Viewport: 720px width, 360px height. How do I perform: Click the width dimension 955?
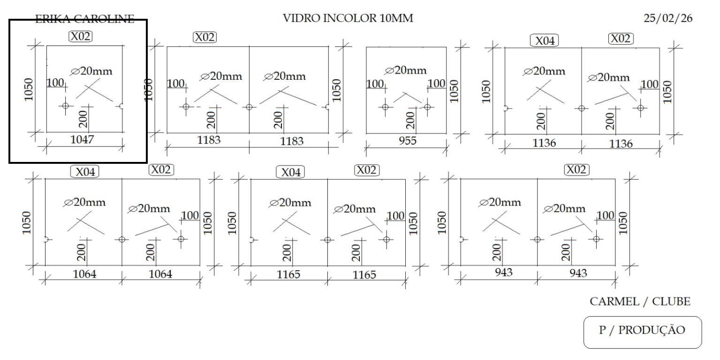[407, 141]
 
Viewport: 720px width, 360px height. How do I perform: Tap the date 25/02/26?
[668, 19]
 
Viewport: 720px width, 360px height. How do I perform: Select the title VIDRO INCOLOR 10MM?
[349, 19]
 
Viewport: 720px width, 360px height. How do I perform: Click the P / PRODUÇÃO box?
[642, 330]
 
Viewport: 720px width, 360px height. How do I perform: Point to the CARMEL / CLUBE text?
[640, 302]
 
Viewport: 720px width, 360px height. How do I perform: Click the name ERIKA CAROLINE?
[84, 19]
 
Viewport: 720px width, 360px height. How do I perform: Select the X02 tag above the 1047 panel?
[81, 36]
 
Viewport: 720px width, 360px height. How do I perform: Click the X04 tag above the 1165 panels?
[290, 172]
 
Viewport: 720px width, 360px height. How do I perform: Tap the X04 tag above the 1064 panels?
[85, 172]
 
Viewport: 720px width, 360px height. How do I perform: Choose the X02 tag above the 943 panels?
[576, 169]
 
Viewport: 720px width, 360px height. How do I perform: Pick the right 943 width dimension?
[578, 273]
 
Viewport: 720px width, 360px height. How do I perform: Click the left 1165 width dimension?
[288, 274]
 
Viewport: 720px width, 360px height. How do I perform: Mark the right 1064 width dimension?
[160, 274]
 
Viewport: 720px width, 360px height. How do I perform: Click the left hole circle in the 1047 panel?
[65, 106]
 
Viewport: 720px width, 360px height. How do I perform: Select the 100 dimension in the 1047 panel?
[55, 83]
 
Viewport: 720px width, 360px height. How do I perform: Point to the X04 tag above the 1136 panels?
[545, 41]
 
